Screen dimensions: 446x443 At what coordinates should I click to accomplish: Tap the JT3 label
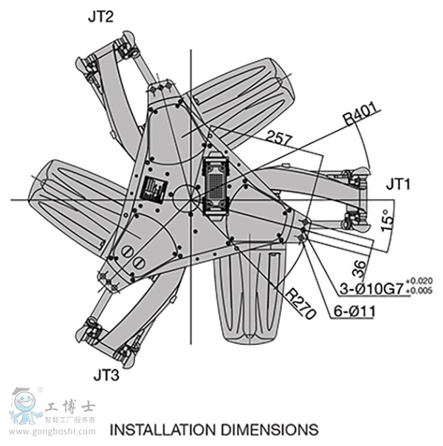tap(106, 374)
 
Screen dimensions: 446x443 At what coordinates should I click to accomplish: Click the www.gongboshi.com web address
tap(52, 430)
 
